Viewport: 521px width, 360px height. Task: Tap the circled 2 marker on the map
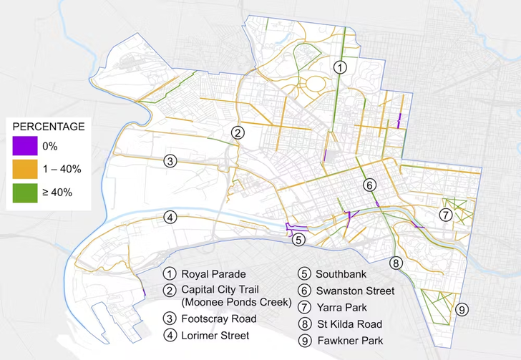coord(238,132)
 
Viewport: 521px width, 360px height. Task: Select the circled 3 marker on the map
coord(170,160)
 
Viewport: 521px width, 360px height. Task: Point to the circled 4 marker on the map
coord(170,218)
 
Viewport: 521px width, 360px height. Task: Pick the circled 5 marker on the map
coord(299,239)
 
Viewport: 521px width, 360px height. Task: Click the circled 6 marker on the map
coord(369,185)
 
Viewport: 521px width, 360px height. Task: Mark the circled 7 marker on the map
coord(445,215)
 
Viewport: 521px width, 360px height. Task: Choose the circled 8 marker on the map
coord(396,263)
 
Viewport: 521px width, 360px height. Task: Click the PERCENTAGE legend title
coord(49,127)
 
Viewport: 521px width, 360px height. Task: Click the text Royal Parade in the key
coord(213,274)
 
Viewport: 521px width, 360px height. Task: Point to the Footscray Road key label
coord(215,319)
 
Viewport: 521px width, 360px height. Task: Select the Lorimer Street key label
coord(215,335)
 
